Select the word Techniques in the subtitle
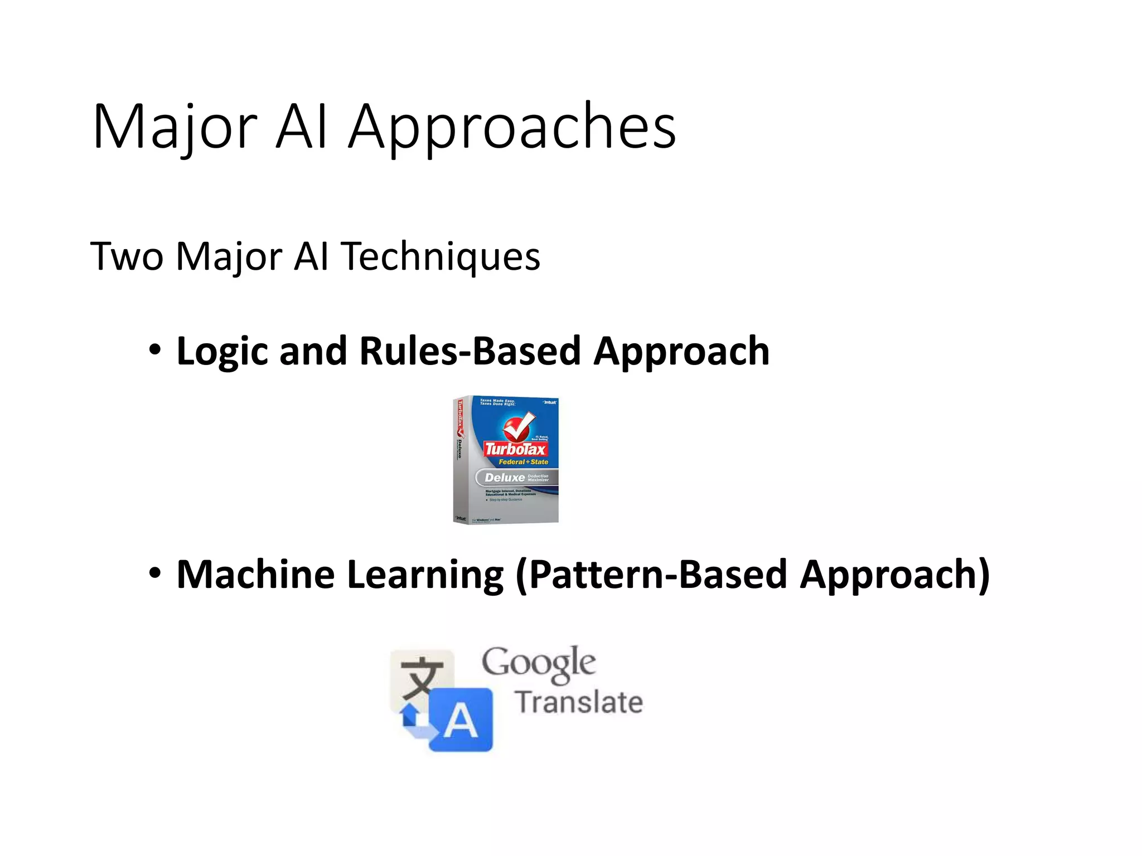441,256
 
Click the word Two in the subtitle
127,256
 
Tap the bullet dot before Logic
155,351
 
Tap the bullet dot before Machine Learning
155,573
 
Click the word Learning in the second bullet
425,575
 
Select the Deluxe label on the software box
505,478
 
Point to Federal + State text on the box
523,462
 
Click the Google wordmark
539,663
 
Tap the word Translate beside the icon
579,702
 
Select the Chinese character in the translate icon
422,678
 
